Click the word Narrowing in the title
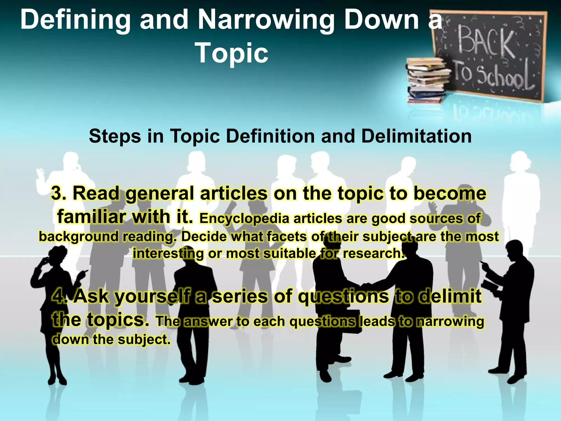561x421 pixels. coord(266,20)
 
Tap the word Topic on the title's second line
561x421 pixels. coord(232,53)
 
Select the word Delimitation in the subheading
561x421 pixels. coord(416,136)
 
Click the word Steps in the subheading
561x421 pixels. coord(115,136)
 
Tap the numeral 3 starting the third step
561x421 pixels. coord(57,193)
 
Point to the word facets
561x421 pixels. coord(287,237)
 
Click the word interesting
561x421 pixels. coord(168,254)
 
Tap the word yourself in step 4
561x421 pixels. coord(152,297)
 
